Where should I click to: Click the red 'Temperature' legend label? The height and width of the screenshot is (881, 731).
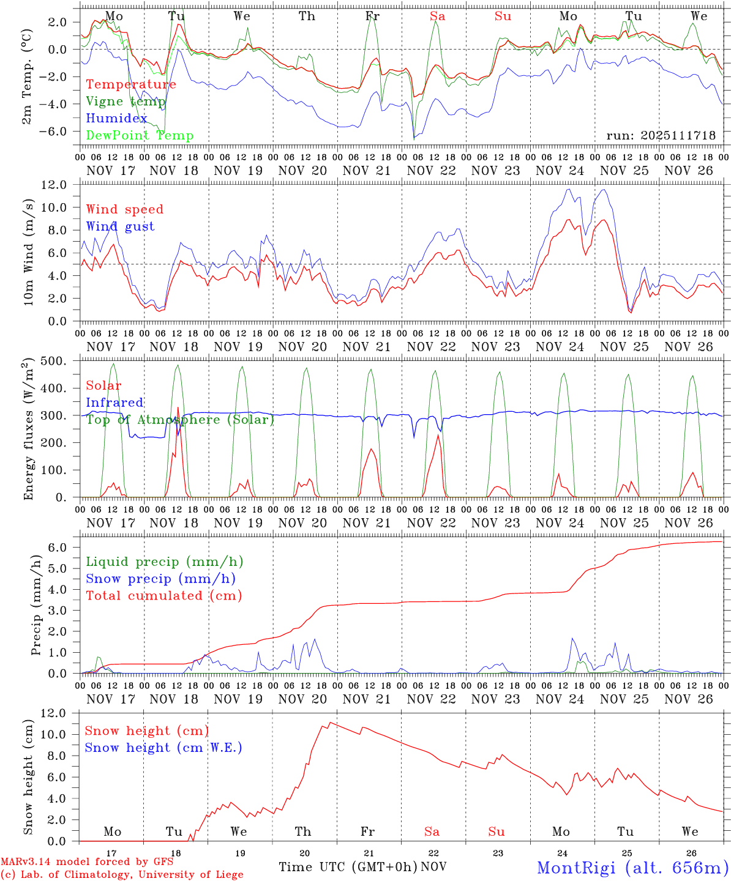pos(131,84)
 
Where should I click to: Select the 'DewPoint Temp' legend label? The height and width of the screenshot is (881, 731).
pos(140,136)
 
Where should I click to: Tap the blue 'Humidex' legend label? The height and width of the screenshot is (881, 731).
pos(116,119)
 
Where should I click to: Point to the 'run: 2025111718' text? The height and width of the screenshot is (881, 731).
pos(661,135)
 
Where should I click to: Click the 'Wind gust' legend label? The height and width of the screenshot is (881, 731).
pos(120,226)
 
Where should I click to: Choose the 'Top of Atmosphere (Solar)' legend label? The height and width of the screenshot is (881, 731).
pos(180,420)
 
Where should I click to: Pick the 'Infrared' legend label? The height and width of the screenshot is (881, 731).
pos(114,403)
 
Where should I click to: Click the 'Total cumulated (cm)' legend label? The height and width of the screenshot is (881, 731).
pos(163,595)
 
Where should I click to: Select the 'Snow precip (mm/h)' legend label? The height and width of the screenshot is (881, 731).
pos(160,579)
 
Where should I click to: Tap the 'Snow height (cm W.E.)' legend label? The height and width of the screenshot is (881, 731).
pos(163,748)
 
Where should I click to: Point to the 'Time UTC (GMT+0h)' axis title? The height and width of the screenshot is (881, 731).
pos(348,867)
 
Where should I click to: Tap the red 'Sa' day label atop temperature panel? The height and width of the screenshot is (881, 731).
pos(437,17)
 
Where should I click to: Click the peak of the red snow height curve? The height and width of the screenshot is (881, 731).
pos(331,723)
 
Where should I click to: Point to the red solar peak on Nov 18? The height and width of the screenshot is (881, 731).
pos(178,407)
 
